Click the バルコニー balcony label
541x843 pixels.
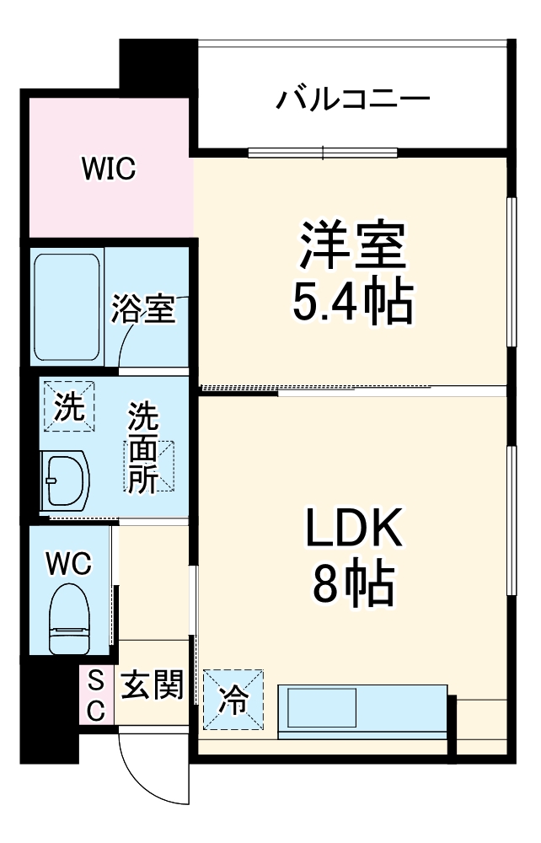tap(353, 99)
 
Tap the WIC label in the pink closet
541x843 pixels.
tap(109, 169)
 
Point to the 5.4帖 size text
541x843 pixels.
tap(353, 301)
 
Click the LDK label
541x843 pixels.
tap(353, 531)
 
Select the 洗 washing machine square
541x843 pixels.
tap(69, 406)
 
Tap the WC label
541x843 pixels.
tap(68, 562)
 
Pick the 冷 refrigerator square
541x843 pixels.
tap(233, 698)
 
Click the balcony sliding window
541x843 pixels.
tap(324, 153)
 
